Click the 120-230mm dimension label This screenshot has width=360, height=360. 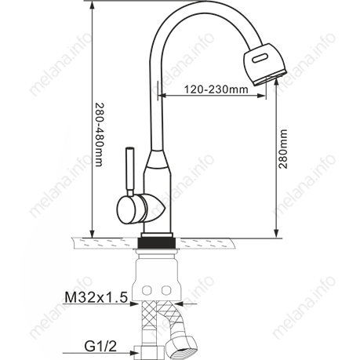click(x=216, y=89)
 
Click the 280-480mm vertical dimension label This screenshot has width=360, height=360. click(x=100, y=135)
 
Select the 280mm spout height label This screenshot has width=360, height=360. click(x=282, y=149)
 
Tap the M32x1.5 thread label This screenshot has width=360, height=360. click(x=96, y=297)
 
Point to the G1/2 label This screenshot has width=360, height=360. click(x=100, y=347)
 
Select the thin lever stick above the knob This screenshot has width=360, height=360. click(x=130, y=172)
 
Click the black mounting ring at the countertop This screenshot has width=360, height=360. click(x=157, y=242)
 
